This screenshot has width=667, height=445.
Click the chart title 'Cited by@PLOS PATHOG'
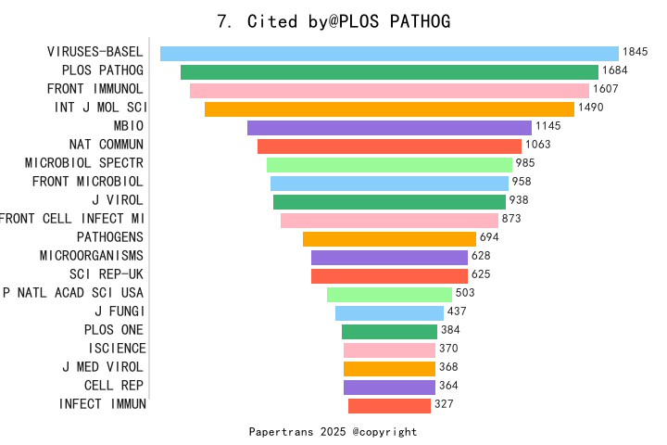[x=333, y=21]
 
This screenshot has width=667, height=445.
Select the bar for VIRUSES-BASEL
[x=389, y=54]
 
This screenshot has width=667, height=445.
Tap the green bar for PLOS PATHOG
[x=389, y=72]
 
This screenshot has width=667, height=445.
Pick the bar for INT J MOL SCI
[x=389, y=109]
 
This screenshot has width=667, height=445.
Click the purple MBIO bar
[x=389, y=128]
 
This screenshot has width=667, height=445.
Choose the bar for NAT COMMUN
[x=389, y=146]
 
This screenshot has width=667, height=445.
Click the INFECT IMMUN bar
[x=389, y=405]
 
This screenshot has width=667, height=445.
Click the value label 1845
[x=636, y=53]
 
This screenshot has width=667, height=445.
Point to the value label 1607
[x=606, y=90]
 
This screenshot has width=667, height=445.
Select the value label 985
[x=525, y=164]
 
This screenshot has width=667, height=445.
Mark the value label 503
[x=465, y=294]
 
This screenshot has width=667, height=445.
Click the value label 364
[x=448, y=386]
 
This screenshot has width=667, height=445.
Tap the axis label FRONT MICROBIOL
[x=88, y=182]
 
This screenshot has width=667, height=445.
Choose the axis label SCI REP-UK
[x=107, y=274]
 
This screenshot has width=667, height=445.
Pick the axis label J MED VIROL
[x=103, y=367]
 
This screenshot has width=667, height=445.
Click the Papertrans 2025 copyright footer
[x=333, y=432]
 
